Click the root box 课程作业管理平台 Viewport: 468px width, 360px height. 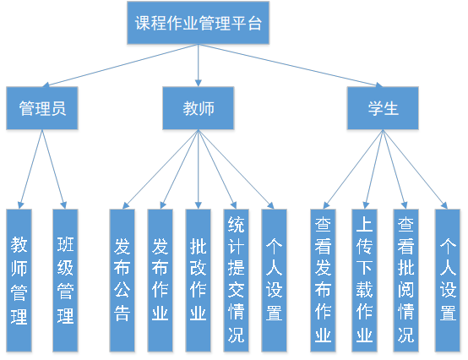point(199,23)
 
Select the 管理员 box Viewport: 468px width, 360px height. point(42,108)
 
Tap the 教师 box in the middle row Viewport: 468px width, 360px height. point(199,108)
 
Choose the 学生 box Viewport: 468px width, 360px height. point(383,108)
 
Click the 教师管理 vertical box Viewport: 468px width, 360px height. point(19,281)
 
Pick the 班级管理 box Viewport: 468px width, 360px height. point(65,281)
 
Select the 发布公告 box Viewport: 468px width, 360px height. point(122,281)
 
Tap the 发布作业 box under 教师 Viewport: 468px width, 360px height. point(160,281)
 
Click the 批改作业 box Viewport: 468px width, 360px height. point(199,281)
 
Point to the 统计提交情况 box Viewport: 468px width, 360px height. point(236,281)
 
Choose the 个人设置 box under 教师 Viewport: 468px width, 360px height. point(274,281)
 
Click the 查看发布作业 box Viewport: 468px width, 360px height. point(323,281)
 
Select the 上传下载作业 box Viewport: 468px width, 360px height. point(364,281)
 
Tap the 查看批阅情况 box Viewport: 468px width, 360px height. point(406,281)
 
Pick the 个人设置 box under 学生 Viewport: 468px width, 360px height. point(448,281)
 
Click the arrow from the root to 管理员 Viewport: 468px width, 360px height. point(120,65)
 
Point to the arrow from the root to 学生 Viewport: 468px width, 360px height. point(291,65)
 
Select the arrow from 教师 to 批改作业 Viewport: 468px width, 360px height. point(199,169)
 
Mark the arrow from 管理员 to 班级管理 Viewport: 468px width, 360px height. point(54,169)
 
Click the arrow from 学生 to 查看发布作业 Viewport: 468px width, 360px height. point(353,169)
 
